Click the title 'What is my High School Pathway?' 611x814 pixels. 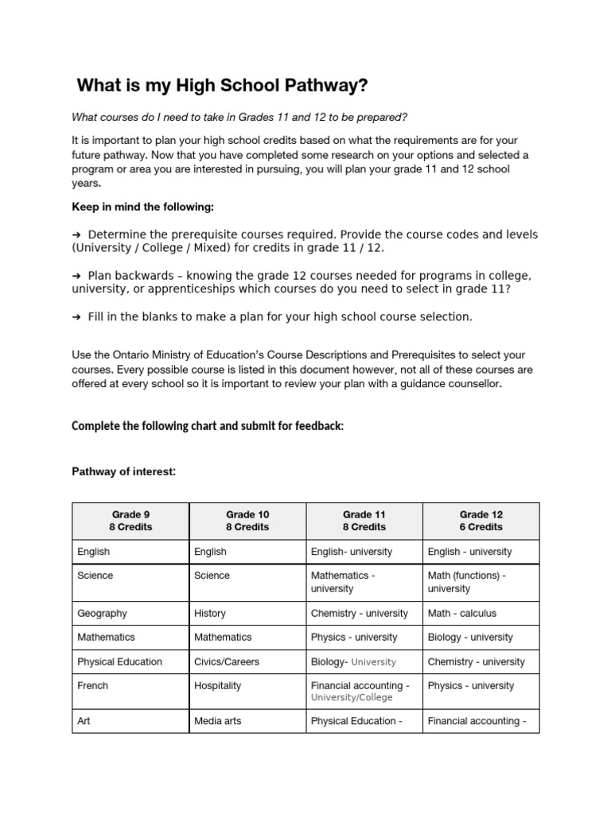[x=222, y=85]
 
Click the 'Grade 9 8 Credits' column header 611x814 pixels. [x=130, y=521]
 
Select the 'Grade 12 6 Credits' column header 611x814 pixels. [x=481, y=521]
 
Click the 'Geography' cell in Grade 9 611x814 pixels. [x=101, y=613]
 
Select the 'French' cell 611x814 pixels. [x=92, y=685]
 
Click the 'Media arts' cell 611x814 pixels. [x=217, y=721]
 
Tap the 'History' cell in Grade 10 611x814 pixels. [x=209, y=613]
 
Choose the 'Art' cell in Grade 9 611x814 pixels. [x=84, y=721]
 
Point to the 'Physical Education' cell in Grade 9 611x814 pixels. [x=119, y=661]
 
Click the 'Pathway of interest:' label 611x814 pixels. [x=123, y=472]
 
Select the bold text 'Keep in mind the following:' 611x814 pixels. [x=142, y=207]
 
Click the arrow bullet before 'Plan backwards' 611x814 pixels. [x=76, y=276]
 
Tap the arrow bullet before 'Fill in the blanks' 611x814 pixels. [x=76, y=317]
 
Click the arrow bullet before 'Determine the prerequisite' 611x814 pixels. [x=76, y=235]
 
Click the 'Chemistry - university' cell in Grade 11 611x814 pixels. [x=359, y=613]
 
